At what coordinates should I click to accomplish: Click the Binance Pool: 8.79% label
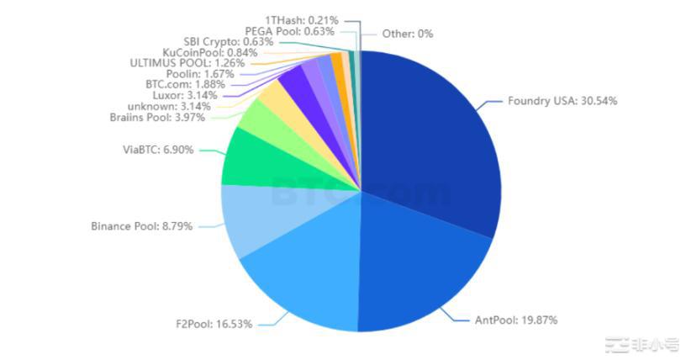(x=141, y=226)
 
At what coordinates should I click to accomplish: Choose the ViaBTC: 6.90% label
(x=158, y=150)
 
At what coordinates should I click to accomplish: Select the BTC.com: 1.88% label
(x=175, y=84)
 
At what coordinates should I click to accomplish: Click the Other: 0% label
(x=407, y=34)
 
